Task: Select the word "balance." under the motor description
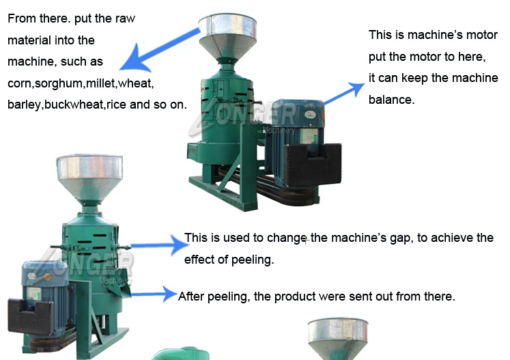[x=391, y=100]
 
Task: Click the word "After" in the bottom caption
[x=192, y=296]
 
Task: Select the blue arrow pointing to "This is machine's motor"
[x=344, y=92]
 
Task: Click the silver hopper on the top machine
[x=227, y=34]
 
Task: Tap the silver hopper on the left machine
[x=89, y=176]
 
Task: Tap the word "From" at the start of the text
[x=20, y=18]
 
